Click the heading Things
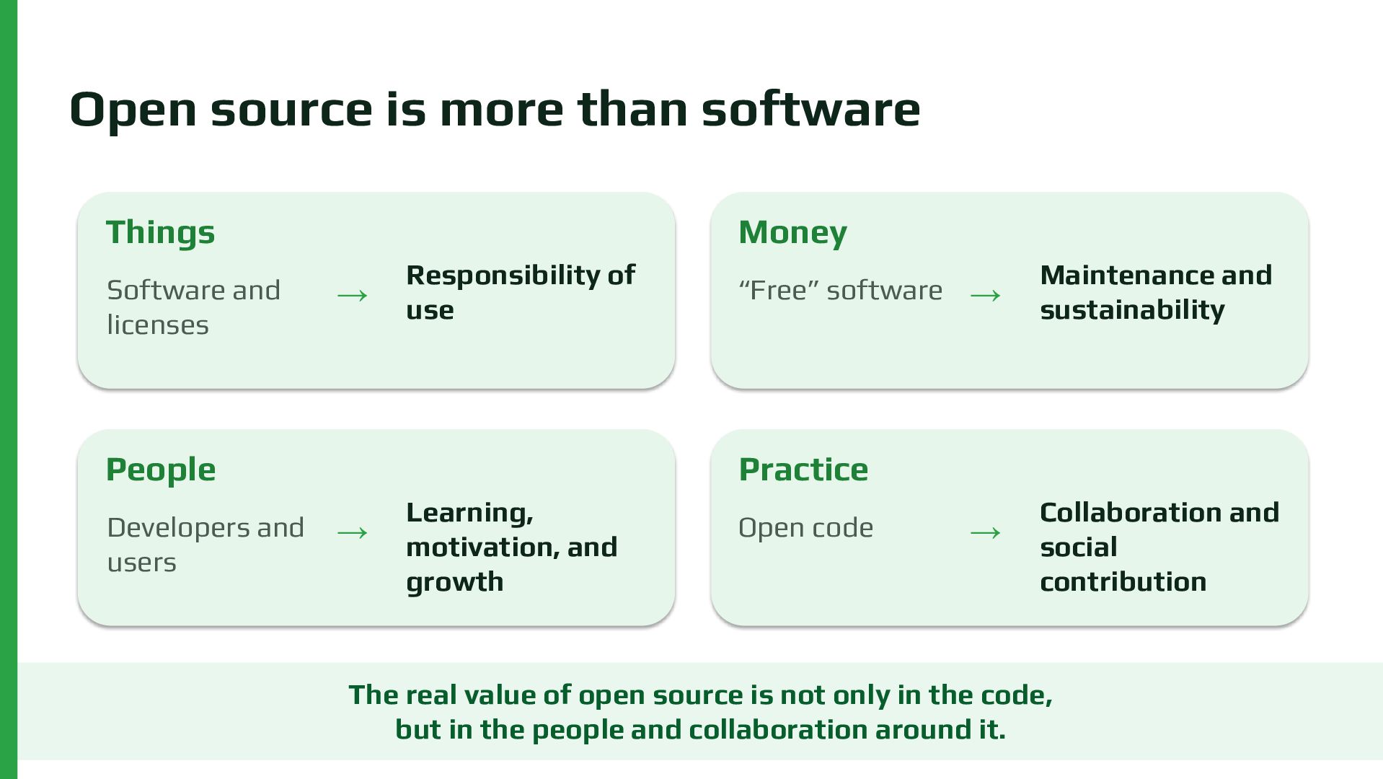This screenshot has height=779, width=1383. tap(160, 232)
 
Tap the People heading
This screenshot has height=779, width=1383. tap(161, 470)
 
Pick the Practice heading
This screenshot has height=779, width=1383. tap(803, 470)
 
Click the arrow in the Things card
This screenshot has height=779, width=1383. tap(353, 296)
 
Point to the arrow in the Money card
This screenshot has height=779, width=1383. tap(986, 296)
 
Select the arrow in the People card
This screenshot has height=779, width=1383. tap(353, 533)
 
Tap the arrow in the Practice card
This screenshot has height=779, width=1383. tap(986, 533)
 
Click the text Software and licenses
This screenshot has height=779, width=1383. tap(193, 307)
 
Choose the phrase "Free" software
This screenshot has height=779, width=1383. tap(840, 291)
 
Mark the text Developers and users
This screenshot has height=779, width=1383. tap(206, 545)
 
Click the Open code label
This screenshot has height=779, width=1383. tap(805, 528)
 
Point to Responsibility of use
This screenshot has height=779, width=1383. tap(521, 292)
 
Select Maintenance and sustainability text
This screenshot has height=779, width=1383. tap(1156, 292)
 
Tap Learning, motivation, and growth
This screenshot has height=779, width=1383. tap(512, 547)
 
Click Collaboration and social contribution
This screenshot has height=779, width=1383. tap(1159, 547)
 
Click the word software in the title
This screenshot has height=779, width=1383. tap(810, 110)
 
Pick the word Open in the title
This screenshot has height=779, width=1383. tap(133, 110)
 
